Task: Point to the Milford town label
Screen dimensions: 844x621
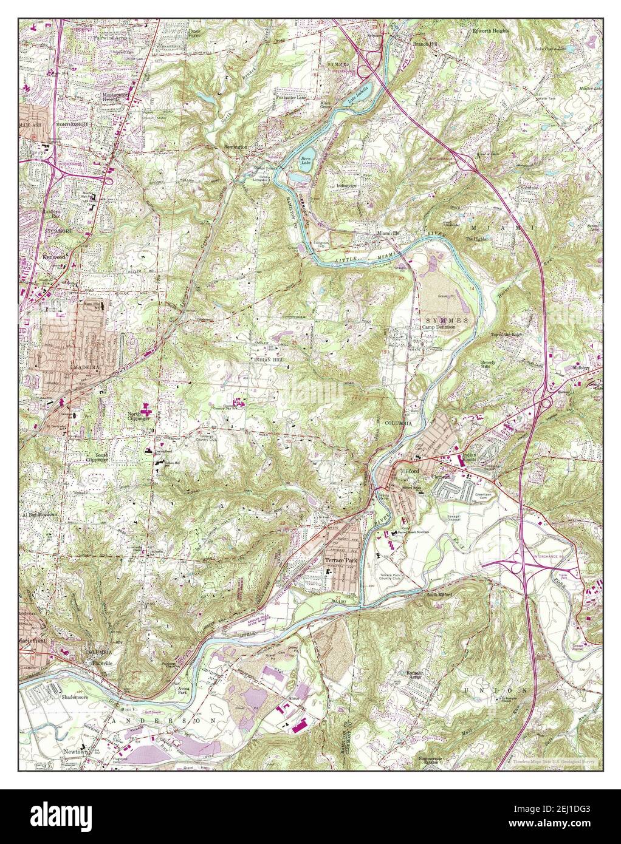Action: [x=411, y=469]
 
